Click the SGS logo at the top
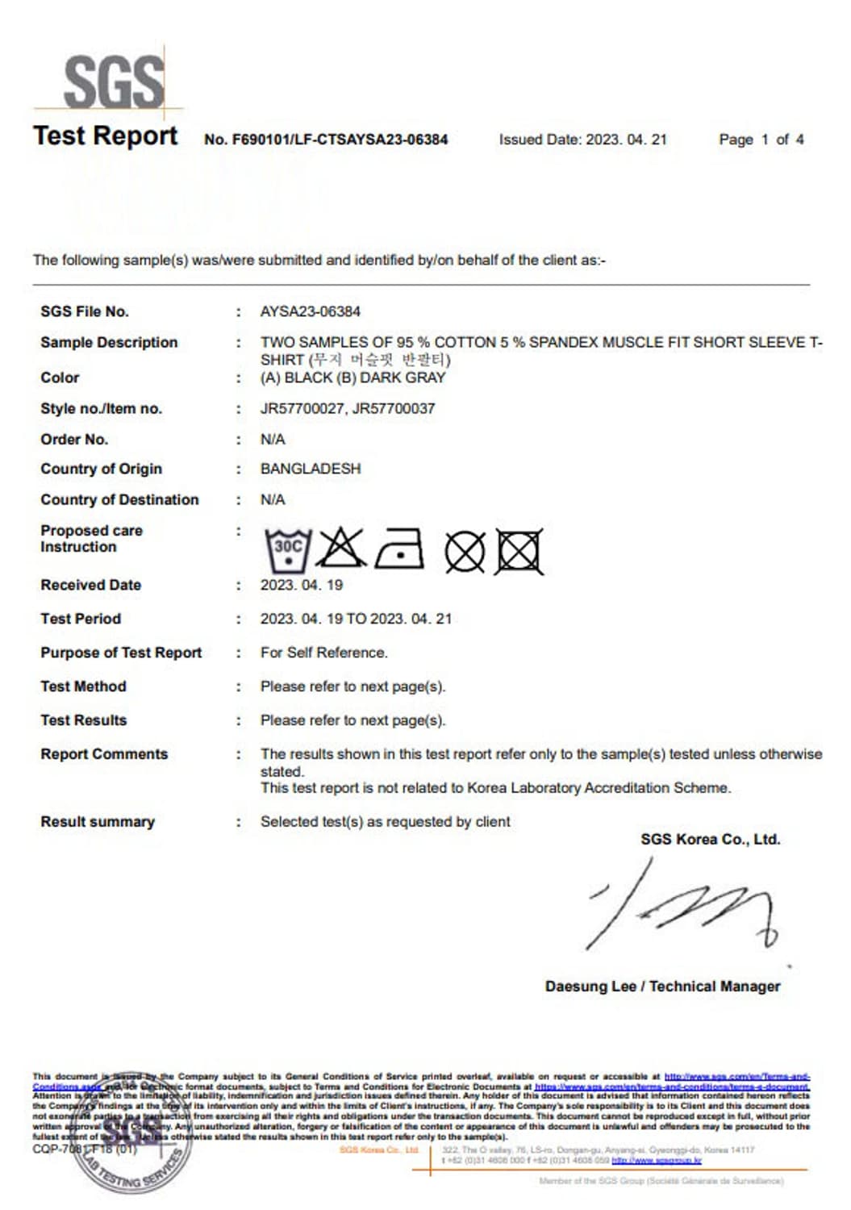pyautogui.click(x=113, y=81)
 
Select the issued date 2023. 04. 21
pyautogui.click(x=626, y=140)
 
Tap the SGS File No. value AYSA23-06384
pyautogui.click(x=310, y=311)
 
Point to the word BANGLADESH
pyautogui.click(x=310, y=469)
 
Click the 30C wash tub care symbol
pyautogui.click(x=288, y=551)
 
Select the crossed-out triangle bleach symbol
pyautogui.click(x=341, y=549)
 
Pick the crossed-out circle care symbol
pyautogui.click(x=465, y=553)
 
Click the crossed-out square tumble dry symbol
pyautogui.click(x=519, y=553)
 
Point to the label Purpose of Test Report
pyautogui.click(x=121, y=653)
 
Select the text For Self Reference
pyautogui.click(x=323, y=653)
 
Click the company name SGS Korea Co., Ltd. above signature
pyautogui.click(x=710, y=839)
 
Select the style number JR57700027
pyautogui.click(x=302, y=408)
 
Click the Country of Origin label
pyautogui.click(x=101, y=469)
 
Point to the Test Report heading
pyautogui.click(x=105, y=136)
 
